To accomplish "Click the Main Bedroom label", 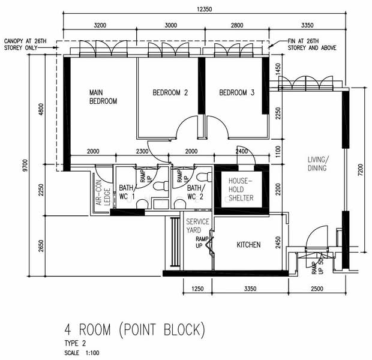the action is [103, 97].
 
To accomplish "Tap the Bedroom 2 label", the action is [170, 92].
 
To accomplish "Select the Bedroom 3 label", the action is [236, 92].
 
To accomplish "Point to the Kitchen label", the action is [248, 245].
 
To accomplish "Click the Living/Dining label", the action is [317, 164].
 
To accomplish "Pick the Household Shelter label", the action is [241, 190].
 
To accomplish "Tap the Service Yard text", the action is [197, 226].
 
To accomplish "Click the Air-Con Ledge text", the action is [103, 193].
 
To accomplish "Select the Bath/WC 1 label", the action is [127, 192].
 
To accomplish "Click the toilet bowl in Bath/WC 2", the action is [204, 177].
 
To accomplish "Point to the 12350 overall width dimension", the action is [204, 9].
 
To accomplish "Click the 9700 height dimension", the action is [25, 166].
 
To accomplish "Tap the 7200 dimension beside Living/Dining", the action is [360, 170].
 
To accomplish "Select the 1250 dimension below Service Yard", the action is [197, 289].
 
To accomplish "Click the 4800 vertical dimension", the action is [41, 109].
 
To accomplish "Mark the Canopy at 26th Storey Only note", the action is [25, 44].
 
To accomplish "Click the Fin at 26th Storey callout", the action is [312, 44].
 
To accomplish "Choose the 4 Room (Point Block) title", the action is [134, 329].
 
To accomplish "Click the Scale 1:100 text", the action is [82, 353].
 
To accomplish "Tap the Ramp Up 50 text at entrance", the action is [317, 266].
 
